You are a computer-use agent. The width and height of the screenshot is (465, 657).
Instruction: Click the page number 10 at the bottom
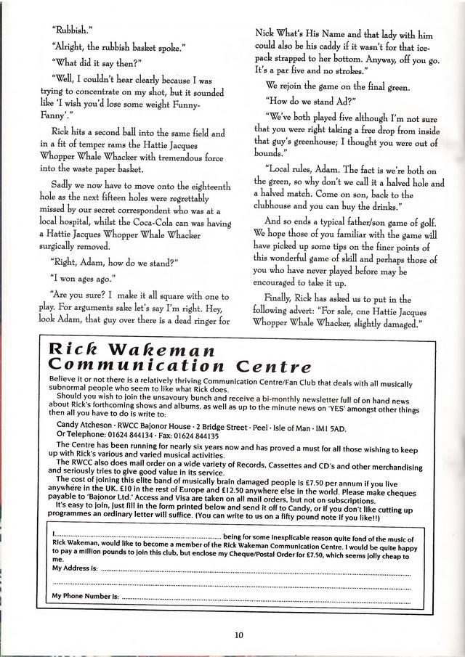[239, 634]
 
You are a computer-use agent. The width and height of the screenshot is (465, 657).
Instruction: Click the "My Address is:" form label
[75, 568]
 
